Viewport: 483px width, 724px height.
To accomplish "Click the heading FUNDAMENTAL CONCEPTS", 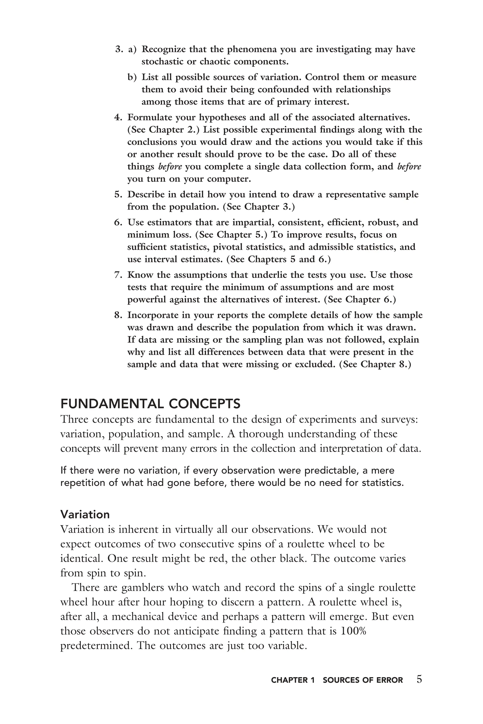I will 150,403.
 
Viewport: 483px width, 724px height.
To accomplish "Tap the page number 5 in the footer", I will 419,679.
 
